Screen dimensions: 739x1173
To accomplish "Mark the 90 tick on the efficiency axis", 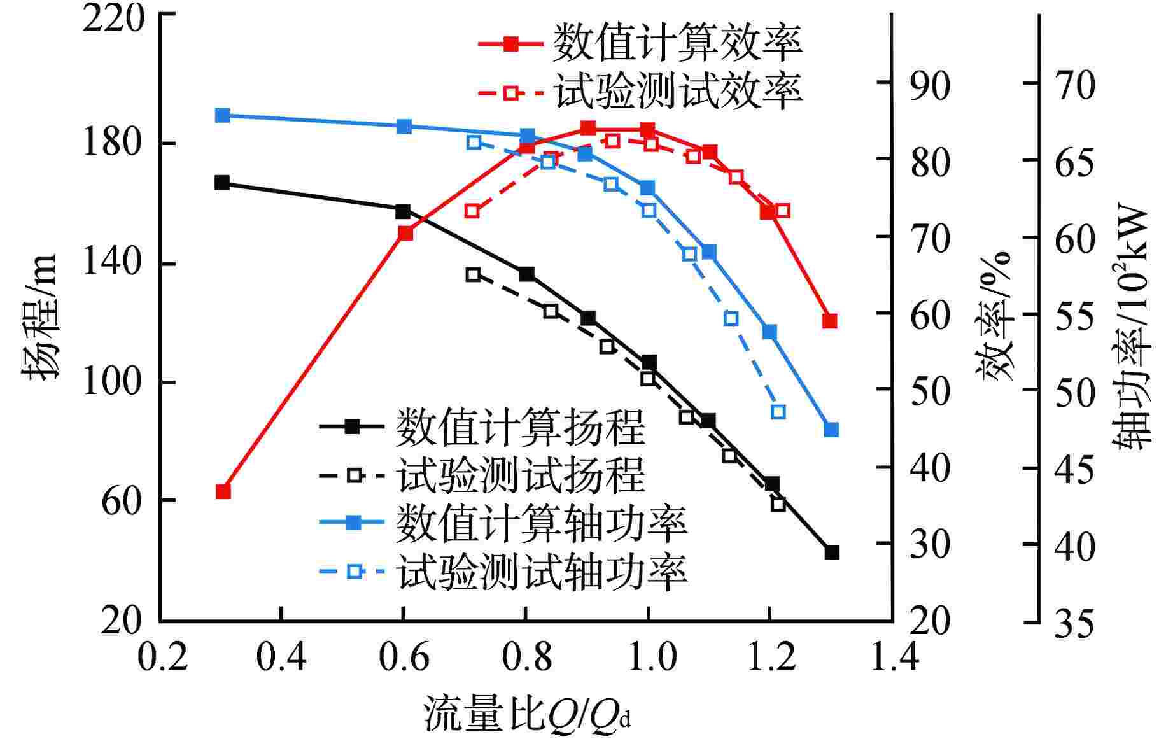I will (x=930, y=83).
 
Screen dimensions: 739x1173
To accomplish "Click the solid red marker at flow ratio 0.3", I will (x=223, y=491).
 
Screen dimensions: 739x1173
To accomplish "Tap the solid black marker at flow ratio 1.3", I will (x=832, y=552).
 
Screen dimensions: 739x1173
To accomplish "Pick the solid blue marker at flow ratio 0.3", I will (x=222, y=115).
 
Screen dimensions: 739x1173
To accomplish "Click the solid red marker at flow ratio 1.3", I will (x=829, y=321).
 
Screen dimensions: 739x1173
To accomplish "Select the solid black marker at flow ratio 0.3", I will (x=221, y=183).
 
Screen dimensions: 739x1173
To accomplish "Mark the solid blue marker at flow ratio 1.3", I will (x=831, y=430).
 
